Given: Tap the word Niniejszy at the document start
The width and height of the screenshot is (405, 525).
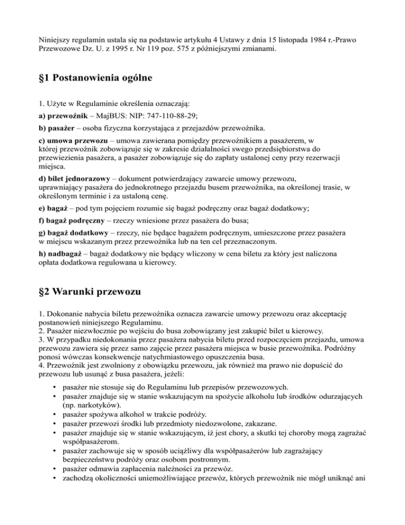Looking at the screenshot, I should [55, 39].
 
